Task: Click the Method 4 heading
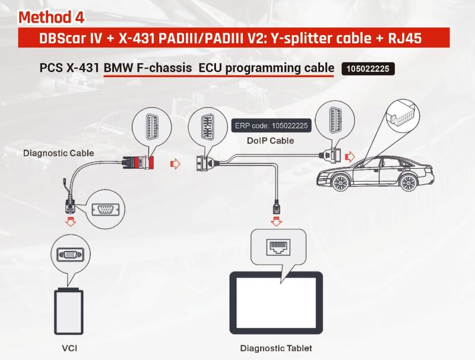[56, 17]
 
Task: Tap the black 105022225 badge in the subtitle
[368, 69]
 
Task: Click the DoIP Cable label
[270, 141]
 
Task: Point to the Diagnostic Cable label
[58, 153]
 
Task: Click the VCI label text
[69, 348]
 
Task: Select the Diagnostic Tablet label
[276, 348]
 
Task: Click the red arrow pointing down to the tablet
[276, 222]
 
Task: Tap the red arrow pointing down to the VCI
[70, 222]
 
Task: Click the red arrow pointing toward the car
[350, 157]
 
